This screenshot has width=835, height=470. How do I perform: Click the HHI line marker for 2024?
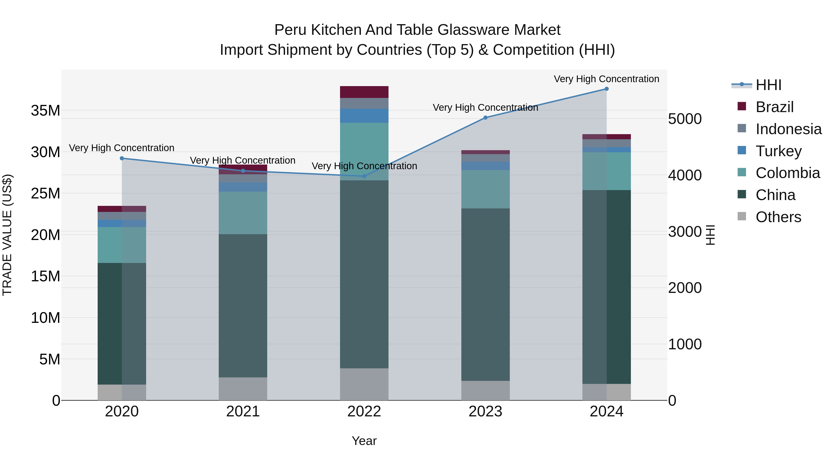point(607,89)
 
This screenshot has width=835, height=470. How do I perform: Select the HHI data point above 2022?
point(364,176)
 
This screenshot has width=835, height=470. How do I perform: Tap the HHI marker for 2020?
point(122,158)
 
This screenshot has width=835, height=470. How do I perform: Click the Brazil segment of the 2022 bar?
point(364,92)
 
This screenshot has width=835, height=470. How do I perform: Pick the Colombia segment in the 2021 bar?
point(243,213)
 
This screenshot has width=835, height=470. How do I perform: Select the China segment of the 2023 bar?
point(485,294)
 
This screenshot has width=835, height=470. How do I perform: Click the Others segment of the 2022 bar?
point(364,384)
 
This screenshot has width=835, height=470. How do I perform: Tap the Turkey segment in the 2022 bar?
point(364,116)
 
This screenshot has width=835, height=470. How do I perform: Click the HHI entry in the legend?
point(768,85)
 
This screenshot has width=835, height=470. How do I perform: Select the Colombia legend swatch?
point(742,172)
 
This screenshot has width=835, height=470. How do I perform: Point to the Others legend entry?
point(778,217)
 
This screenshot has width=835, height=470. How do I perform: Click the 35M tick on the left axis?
point(45,111)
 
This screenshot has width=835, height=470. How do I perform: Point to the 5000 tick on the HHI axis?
point(685,119)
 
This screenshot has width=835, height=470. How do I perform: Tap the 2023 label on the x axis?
point(485,412)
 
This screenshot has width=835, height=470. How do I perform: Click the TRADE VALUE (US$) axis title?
point(7,235)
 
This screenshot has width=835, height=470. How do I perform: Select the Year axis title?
point(364,441)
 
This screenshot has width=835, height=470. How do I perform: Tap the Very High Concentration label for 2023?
point(485,107)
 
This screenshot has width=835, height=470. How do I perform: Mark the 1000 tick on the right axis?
point(685,344)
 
